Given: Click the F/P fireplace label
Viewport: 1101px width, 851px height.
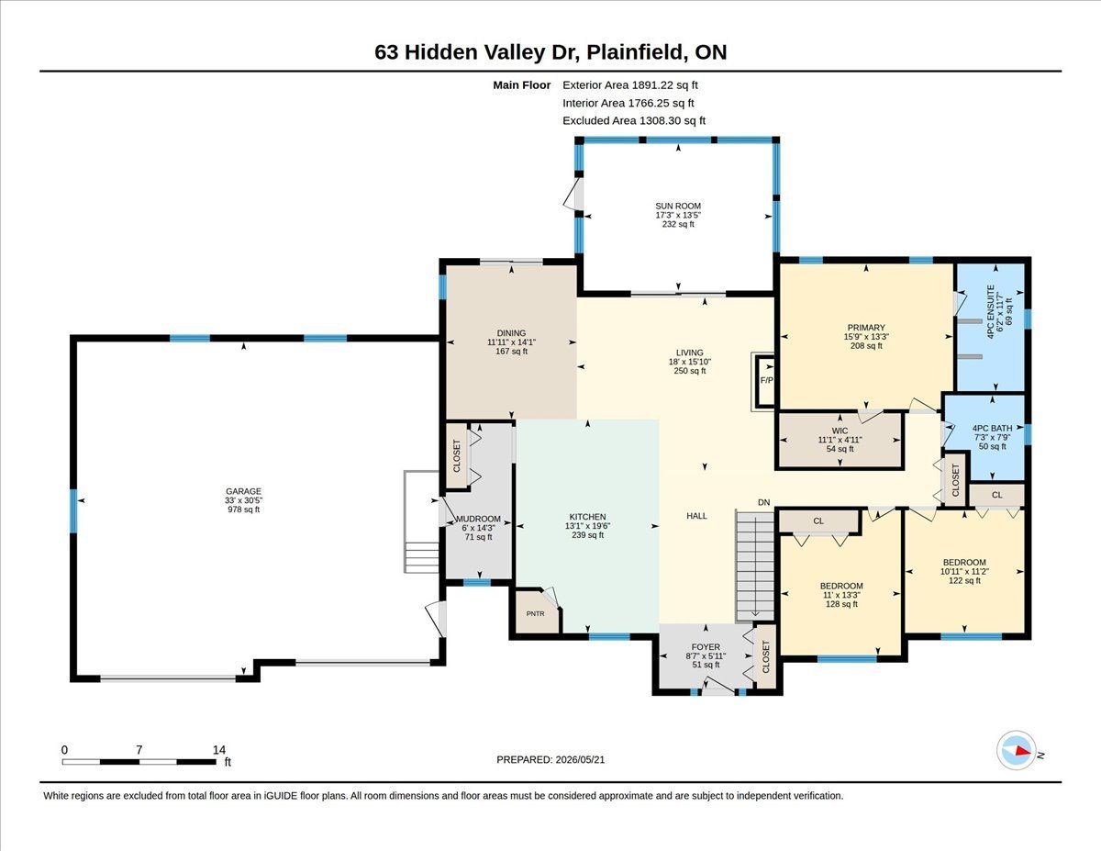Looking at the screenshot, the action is coord(767,380).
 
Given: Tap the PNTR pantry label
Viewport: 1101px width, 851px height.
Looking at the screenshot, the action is coord(535,613).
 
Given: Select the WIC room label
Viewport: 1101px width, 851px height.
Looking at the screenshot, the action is coord(840,431).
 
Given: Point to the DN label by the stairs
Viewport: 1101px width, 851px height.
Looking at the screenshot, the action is coord(763,502).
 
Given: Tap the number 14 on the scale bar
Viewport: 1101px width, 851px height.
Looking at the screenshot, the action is coord(219,750).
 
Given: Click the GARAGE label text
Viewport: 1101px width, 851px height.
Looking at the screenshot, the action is coord(244,491).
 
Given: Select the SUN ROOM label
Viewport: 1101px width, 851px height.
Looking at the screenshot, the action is coord(678,206).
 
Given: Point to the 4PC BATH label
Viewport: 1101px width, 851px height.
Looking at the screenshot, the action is coord(992,429).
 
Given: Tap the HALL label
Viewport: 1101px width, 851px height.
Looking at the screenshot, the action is coord(696,516).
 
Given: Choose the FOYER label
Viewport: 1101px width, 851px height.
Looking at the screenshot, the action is coord(706,646).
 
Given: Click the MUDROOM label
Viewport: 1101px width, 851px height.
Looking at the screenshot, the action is coord(478,519).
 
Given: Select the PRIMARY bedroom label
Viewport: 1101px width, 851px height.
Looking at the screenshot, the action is coord(866,328).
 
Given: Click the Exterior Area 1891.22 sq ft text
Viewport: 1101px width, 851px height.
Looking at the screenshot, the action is coord(629,85).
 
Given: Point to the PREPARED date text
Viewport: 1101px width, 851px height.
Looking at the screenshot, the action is coord(550,760).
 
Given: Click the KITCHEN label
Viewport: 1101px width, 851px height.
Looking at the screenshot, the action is coord(588,517).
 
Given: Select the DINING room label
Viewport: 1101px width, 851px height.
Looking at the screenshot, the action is coord(511,333).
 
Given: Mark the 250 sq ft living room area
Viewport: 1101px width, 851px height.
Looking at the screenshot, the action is coord(690,371).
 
